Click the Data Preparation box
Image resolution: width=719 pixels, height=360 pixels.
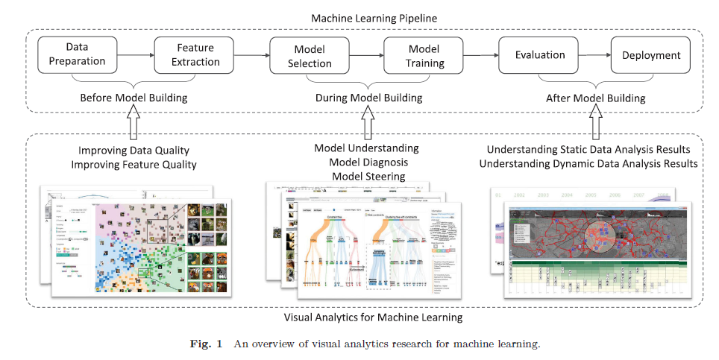[77, 54]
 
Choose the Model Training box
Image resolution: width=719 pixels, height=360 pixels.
[424, 54]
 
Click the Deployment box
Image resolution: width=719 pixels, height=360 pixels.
[651, 54]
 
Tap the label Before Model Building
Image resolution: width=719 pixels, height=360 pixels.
[134, 98]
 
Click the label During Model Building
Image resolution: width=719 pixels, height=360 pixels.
[368, 98]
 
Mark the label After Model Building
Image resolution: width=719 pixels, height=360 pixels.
[595, 98]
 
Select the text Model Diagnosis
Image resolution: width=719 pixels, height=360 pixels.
[366, 162]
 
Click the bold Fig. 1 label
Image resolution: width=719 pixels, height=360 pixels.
[206, 344]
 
